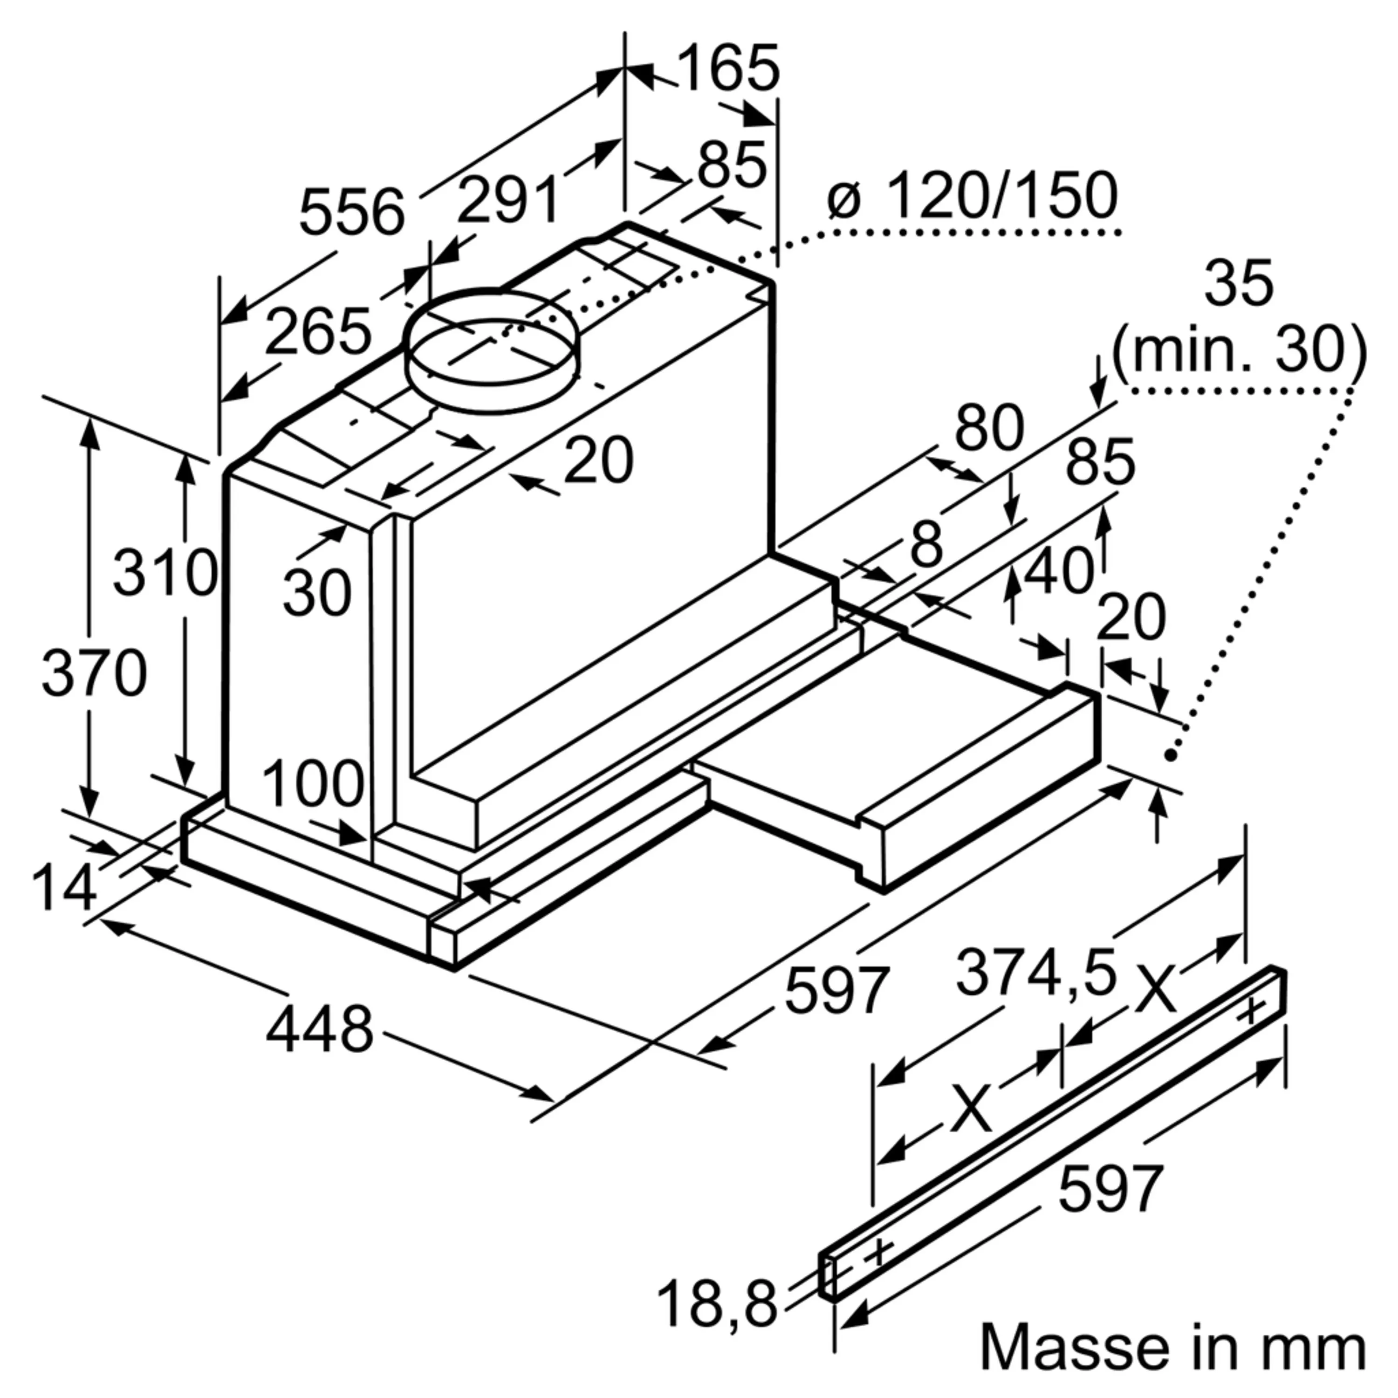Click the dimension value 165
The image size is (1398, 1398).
[x=729, y=69]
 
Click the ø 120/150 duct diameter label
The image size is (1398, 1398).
[x=972, y=196]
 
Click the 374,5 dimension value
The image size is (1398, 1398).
[x=1036, y=973]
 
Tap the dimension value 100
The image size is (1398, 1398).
[x=313, y=784]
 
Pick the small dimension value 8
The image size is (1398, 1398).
[x=926, y=545]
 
